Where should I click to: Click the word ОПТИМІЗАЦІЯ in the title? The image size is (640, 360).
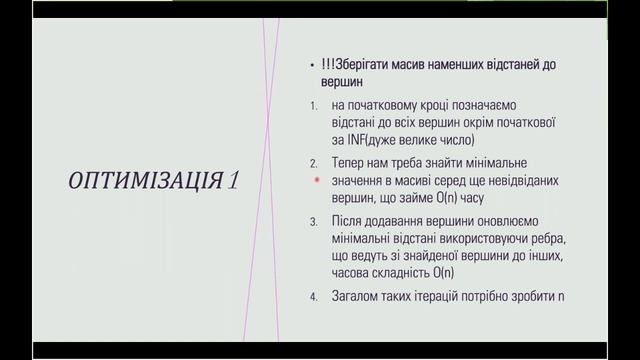pos(144,180)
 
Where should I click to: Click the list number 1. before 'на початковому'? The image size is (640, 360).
pos(314,105)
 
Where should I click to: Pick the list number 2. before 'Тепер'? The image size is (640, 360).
pos(314,162)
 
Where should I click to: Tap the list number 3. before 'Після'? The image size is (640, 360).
pos(314,220)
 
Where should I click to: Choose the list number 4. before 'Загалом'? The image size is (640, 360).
pos(314,296)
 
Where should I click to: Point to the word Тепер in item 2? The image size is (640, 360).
pos(352,162)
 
